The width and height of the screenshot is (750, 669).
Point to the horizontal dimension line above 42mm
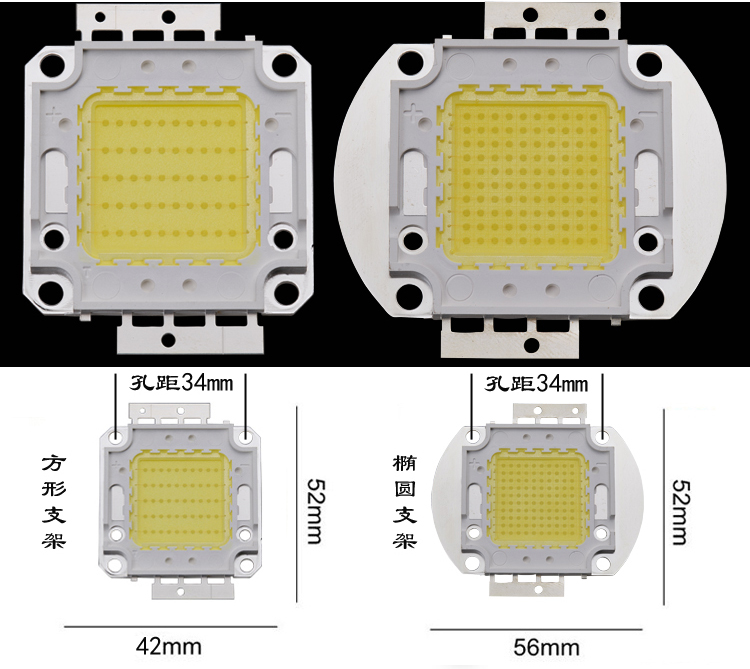tap(170, 626)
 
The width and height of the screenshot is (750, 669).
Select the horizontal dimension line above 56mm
tap(546, 629)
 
